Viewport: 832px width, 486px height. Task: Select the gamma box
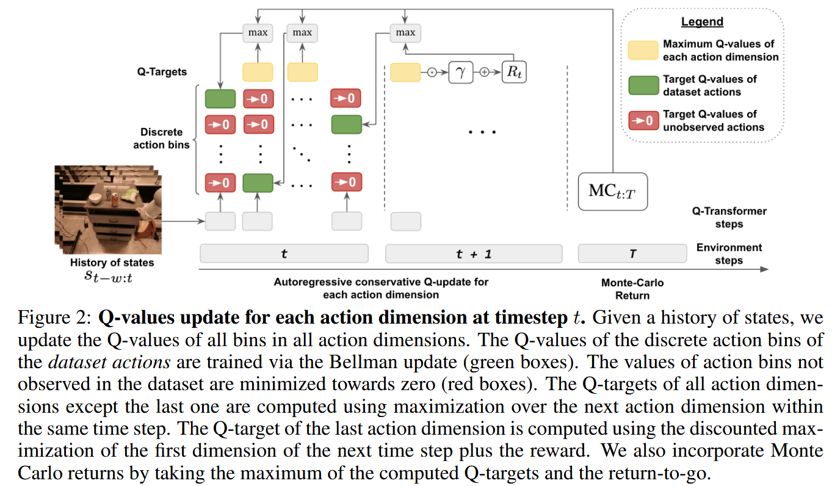[x=461, y=73]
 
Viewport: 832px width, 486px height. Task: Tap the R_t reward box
[x=513, y=73]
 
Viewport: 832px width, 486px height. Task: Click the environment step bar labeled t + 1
[x=473, y=253]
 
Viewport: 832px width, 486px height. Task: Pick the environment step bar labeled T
[x=632, y=253]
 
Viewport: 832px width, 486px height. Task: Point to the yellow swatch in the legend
[x=643, y=50]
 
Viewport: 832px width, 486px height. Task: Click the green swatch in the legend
[x=643, y=85]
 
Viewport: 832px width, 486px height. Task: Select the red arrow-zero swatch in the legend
[x=643, y=121]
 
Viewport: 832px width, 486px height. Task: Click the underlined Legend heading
[x=702, y=22]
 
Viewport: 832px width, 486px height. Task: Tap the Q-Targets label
[x=162, y=72]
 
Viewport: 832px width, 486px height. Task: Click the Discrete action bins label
[x=162, y=139]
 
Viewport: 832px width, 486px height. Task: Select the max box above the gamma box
[x=405, y=32]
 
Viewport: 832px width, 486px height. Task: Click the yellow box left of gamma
[x=405, y=73]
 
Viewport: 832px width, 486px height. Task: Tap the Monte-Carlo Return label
[x=632, y=289]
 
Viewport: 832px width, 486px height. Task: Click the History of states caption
[x=112, y=263]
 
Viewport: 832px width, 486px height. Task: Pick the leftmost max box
[x=258, y=32]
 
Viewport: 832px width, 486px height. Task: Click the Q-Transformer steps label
[x=729, y=217]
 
